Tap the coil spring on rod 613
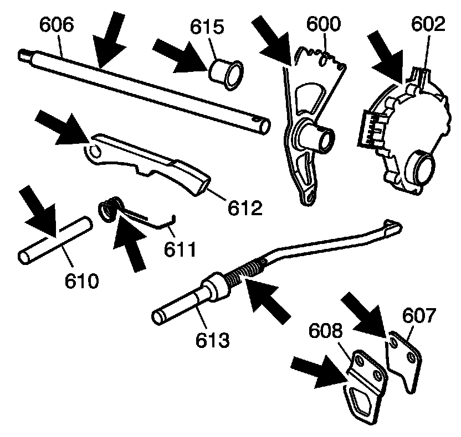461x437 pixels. click(247, 272)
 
